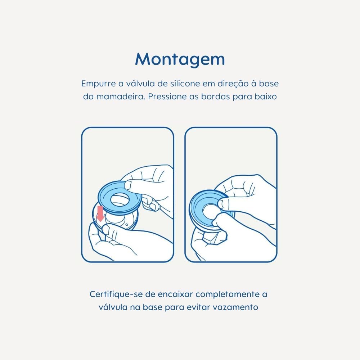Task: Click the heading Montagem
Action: [180, 60]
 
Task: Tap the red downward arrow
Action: [100, 214]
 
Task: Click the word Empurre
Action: [99, 84]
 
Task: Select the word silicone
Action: [185, 84]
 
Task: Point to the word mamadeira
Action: [121, 96]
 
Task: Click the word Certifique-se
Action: [116, 294]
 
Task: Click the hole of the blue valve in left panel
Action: [119, 199]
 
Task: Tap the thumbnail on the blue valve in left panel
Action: [128, 185]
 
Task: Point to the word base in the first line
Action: [269, 84]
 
